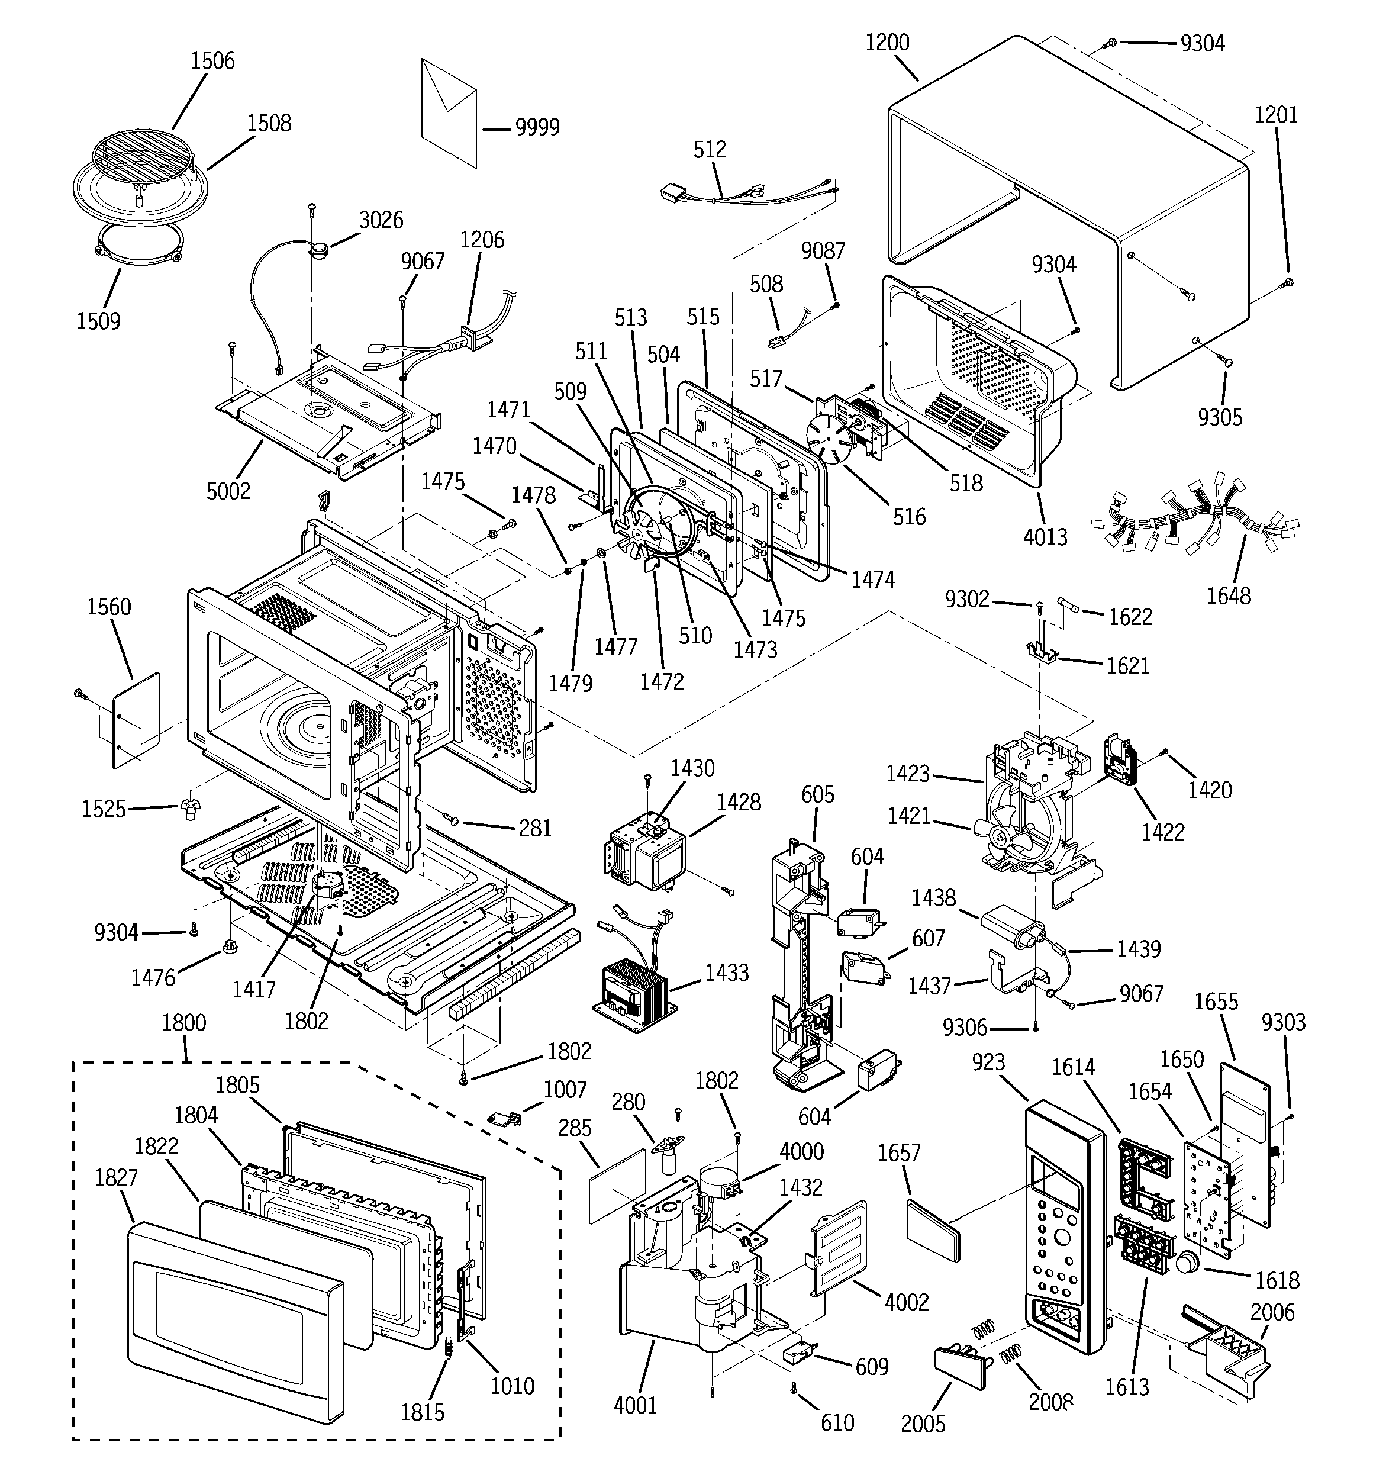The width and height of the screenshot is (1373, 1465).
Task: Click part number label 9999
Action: [x=537, y=127]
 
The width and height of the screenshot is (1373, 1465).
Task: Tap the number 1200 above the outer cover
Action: [x=887, y=43]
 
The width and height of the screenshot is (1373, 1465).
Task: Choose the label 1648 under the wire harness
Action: [x=1228, y=595]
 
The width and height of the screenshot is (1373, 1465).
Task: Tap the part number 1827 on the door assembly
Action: [x=116, y=1177]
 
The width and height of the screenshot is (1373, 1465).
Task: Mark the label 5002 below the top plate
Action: [x=228, y=491]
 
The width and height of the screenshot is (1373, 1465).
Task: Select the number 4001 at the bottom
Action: [x=634, y=1405]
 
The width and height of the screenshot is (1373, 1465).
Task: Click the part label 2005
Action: [x=922, y=1424]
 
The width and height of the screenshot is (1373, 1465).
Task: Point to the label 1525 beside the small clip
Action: [x=103, y=809]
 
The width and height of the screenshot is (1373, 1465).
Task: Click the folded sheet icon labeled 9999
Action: [x=449, y=112]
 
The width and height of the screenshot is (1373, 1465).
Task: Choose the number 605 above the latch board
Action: [x=817, y=794]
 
